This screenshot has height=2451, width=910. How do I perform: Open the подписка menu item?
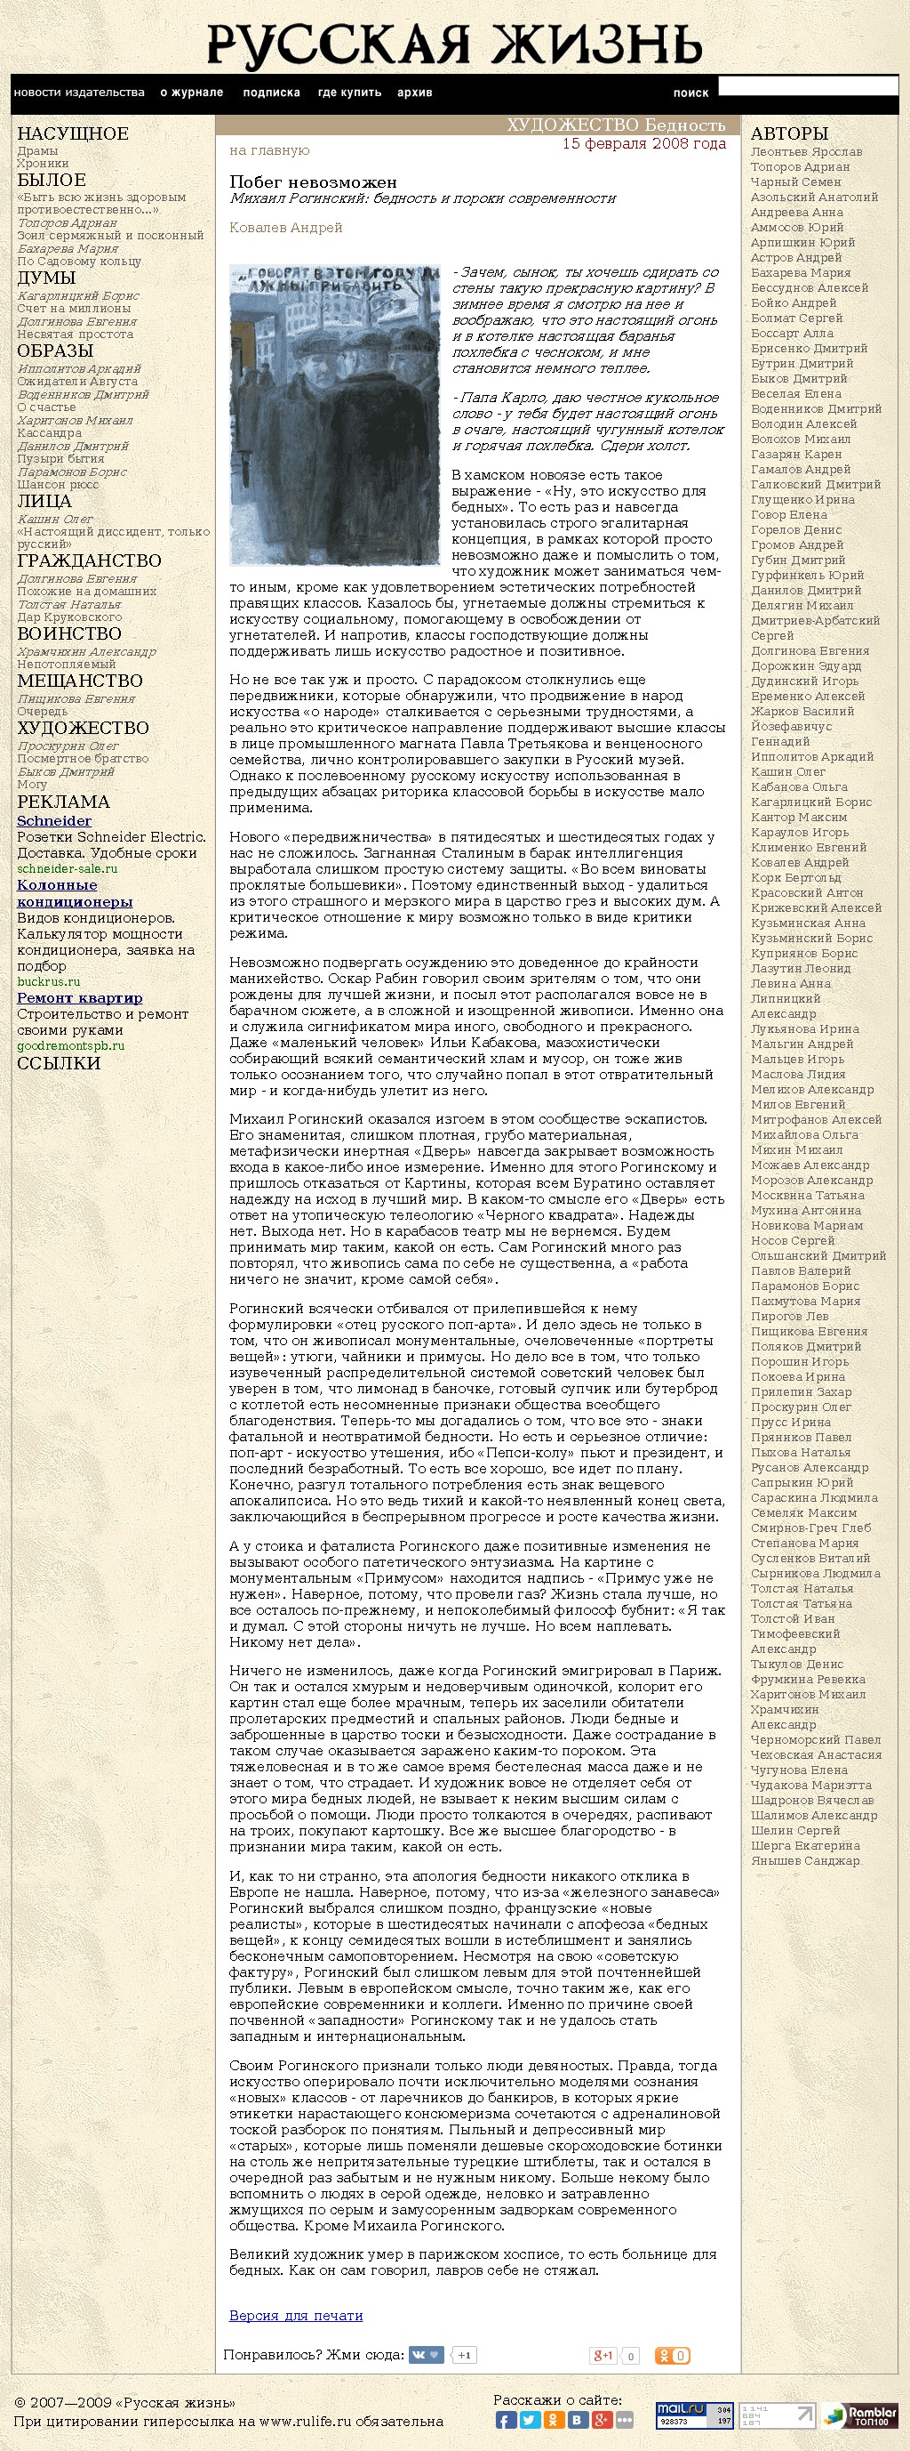271,93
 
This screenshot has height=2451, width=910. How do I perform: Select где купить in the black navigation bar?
349,93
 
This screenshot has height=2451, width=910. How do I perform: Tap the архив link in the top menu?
415,93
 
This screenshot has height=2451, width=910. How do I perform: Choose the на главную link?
269,150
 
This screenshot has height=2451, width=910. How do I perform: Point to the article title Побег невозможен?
313,181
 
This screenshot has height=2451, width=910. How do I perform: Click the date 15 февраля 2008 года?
643,143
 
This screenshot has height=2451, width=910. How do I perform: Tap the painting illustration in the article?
335,415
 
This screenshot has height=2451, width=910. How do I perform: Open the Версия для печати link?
296,2315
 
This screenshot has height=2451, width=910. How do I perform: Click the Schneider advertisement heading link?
54,821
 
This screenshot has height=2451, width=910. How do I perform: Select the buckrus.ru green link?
49,981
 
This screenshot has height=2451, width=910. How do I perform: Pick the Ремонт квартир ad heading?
80,998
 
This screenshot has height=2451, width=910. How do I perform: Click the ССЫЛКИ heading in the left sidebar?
59,1063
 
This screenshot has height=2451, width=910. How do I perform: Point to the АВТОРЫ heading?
789,133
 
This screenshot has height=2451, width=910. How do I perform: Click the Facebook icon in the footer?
505,2421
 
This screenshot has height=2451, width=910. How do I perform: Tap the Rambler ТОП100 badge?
859,2415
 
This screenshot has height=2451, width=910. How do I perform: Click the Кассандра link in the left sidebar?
50,433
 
